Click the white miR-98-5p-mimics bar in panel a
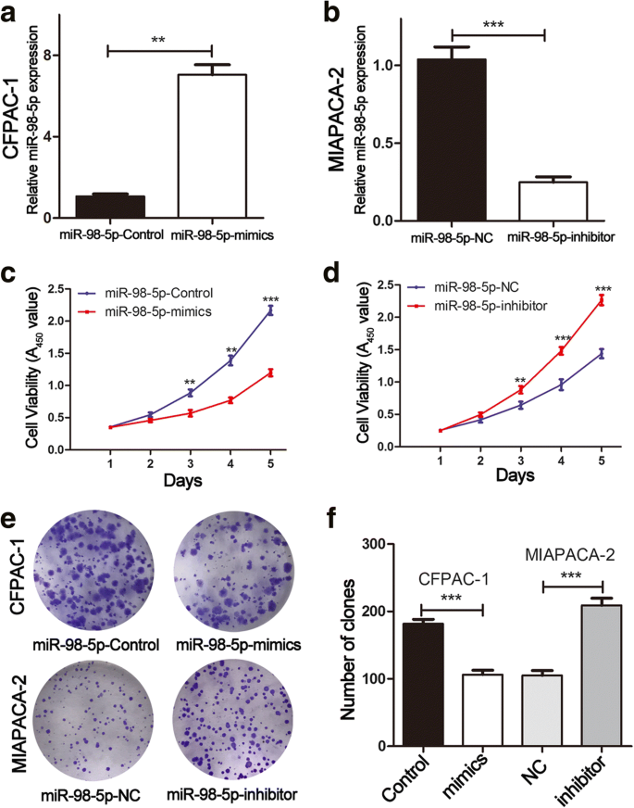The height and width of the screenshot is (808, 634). click(212, 145)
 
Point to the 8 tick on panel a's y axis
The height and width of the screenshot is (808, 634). click(44, 56)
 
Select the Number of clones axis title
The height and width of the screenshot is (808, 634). click(350, 643)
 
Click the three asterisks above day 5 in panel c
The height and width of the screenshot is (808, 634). click(270, 298)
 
